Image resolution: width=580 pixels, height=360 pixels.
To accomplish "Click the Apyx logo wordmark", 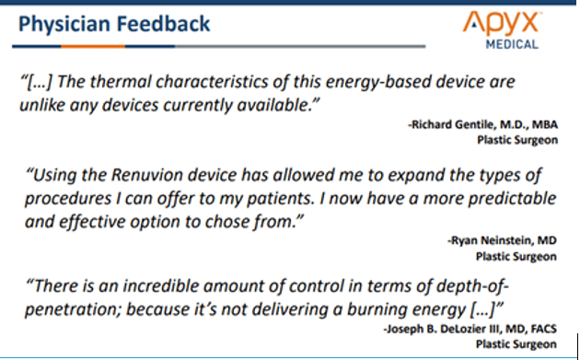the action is (x=501, y=24).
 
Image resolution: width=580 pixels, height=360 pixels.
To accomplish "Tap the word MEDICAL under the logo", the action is (x=512, y=44).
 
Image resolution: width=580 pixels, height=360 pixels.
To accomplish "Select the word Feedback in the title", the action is (x=163, y=24).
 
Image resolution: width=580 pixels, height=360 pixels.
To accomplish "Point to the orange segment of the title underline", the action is (x=93, y=46).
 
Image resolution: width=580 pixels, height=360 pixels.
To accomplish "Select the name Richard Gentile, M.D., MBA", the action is (x=482, y=124).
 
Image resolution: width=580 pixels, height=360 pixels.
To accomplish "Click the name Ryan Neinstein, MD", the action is (x=502, y=241).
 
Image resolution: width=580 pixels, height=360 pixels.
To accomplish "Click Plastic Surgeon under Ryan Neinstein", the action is (x=516, y=257).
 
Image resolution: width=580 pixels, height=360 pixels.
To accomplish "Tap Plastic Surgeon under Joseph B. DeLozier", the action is (x=516, y=344).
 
